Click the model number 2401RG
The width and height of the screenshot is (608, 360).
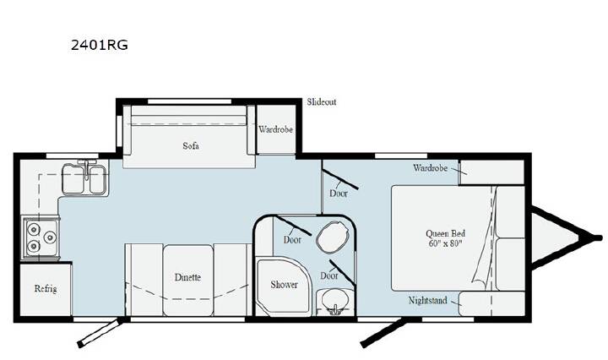point(100,46)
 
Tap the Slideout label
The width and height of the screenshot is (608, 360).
point(322,102)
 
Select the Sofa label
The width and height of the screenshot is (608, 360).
point(191,146)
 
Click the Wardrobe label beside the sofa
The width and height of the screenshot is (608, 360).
point(275,129)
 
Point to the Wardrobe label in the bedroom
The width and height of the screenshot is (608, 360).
point(430,168)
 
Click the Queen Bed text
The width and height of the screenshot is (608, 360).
point(445,233)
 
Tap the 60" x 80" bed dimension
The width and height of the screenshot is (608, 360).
point(446,243)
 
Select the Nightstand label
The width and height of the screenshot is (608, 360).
point(427,300)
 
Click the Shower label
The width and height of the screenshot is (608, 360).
point(285,285)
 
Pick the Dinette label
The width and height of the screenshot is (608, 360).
point(187,277)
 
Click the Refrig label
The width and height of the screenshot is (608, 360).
point(46,289)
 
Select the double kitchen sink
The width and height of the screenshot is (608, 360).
point(85,179)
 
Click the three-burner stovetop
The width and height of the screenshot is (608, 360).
point(41,237)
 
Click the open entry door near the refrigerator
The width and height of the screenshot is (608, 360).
point(101,332)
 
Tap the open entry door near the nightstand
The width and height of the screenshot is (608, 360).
point(384,332)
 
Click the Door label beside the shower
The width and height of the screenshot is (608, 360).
point(292,240)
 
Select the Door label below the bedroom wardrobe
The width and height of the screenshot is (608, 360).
point(339,194)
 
